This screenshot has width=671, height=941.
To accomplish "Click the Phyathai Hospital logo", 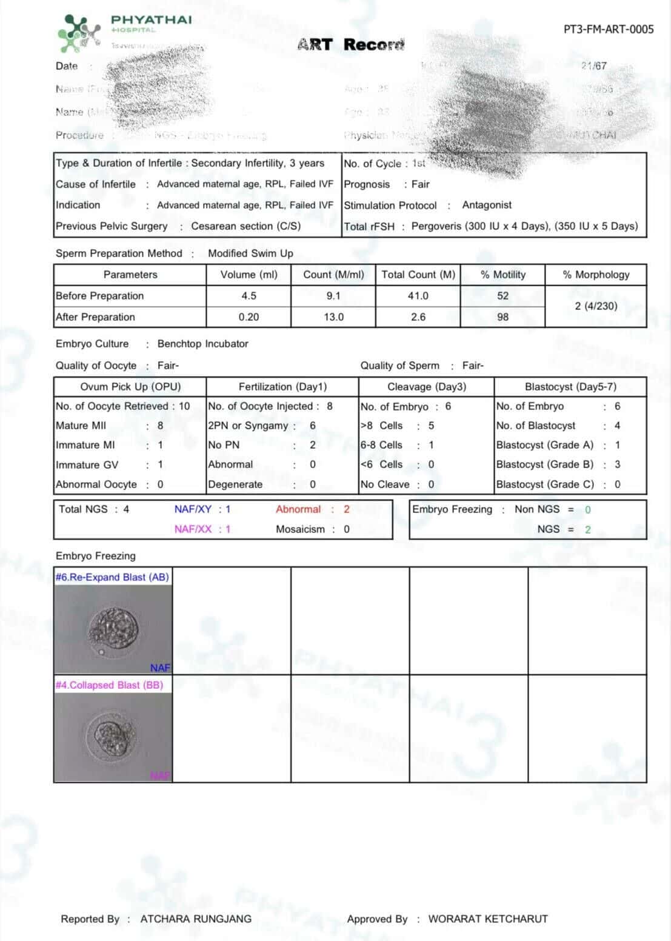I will pyautogui.click(x=79, y=33).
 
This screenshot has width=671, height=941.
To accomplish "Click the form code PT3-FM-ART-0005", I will pyautogui.click(x=608, y=29).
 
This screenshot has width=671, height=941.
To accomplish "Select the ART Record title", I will pyautogui.click(x=350, y=45).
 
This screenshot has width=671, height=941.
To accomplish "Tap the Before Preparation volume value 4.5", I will pyautogui.click(x=249, y=296).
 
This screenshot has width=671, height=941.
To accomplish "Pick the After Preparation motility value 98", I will pyautogui.click(x=502, y=317).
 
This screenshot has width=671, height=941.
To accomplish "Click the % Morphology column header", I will pyautogui.click(x=596, y=275).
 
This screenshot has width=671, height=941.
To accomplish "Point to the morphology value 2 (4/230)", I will pyautogui.click(x=596, y=306).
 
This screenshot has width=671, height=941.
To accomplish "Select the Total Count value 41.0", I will pyautogui.click(x=418, y=296).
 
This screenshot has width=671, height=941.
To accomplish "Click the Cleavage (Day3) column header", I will pyautogui.click(x=426, y=387).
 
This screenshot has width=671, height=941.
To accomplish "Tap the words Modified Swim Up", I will pyautogui.click(x=250, y=253).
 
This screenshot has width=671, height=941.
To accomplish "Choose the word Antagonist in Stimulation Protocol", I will pyautogui.click(x=487, y=205).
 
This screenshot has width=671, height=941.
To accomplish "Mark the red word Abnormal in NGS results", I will pyautogui.click(x=298, y=509).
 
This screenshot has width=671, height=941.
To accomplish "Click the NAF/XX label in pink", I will pyautogui.click(x=193, y=529).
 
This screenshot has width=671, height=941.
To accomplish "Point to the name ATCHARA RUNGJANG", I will pyautogui.click(x=196, y=919).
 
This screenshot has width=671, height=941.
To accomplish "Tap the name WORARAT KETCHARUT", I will pyautogui.click(x=488, y=919).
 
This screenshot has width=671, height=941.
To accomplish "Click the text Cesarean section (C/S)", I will pyautogui.click(x=245, y=226).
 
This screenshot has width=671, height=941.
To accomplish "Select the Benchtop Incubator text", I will pyautogui.click(x=202, y=344).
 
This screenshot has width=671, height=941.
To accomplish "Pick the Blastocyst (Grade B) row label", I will pyautogui.click(x=544, y=464).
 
